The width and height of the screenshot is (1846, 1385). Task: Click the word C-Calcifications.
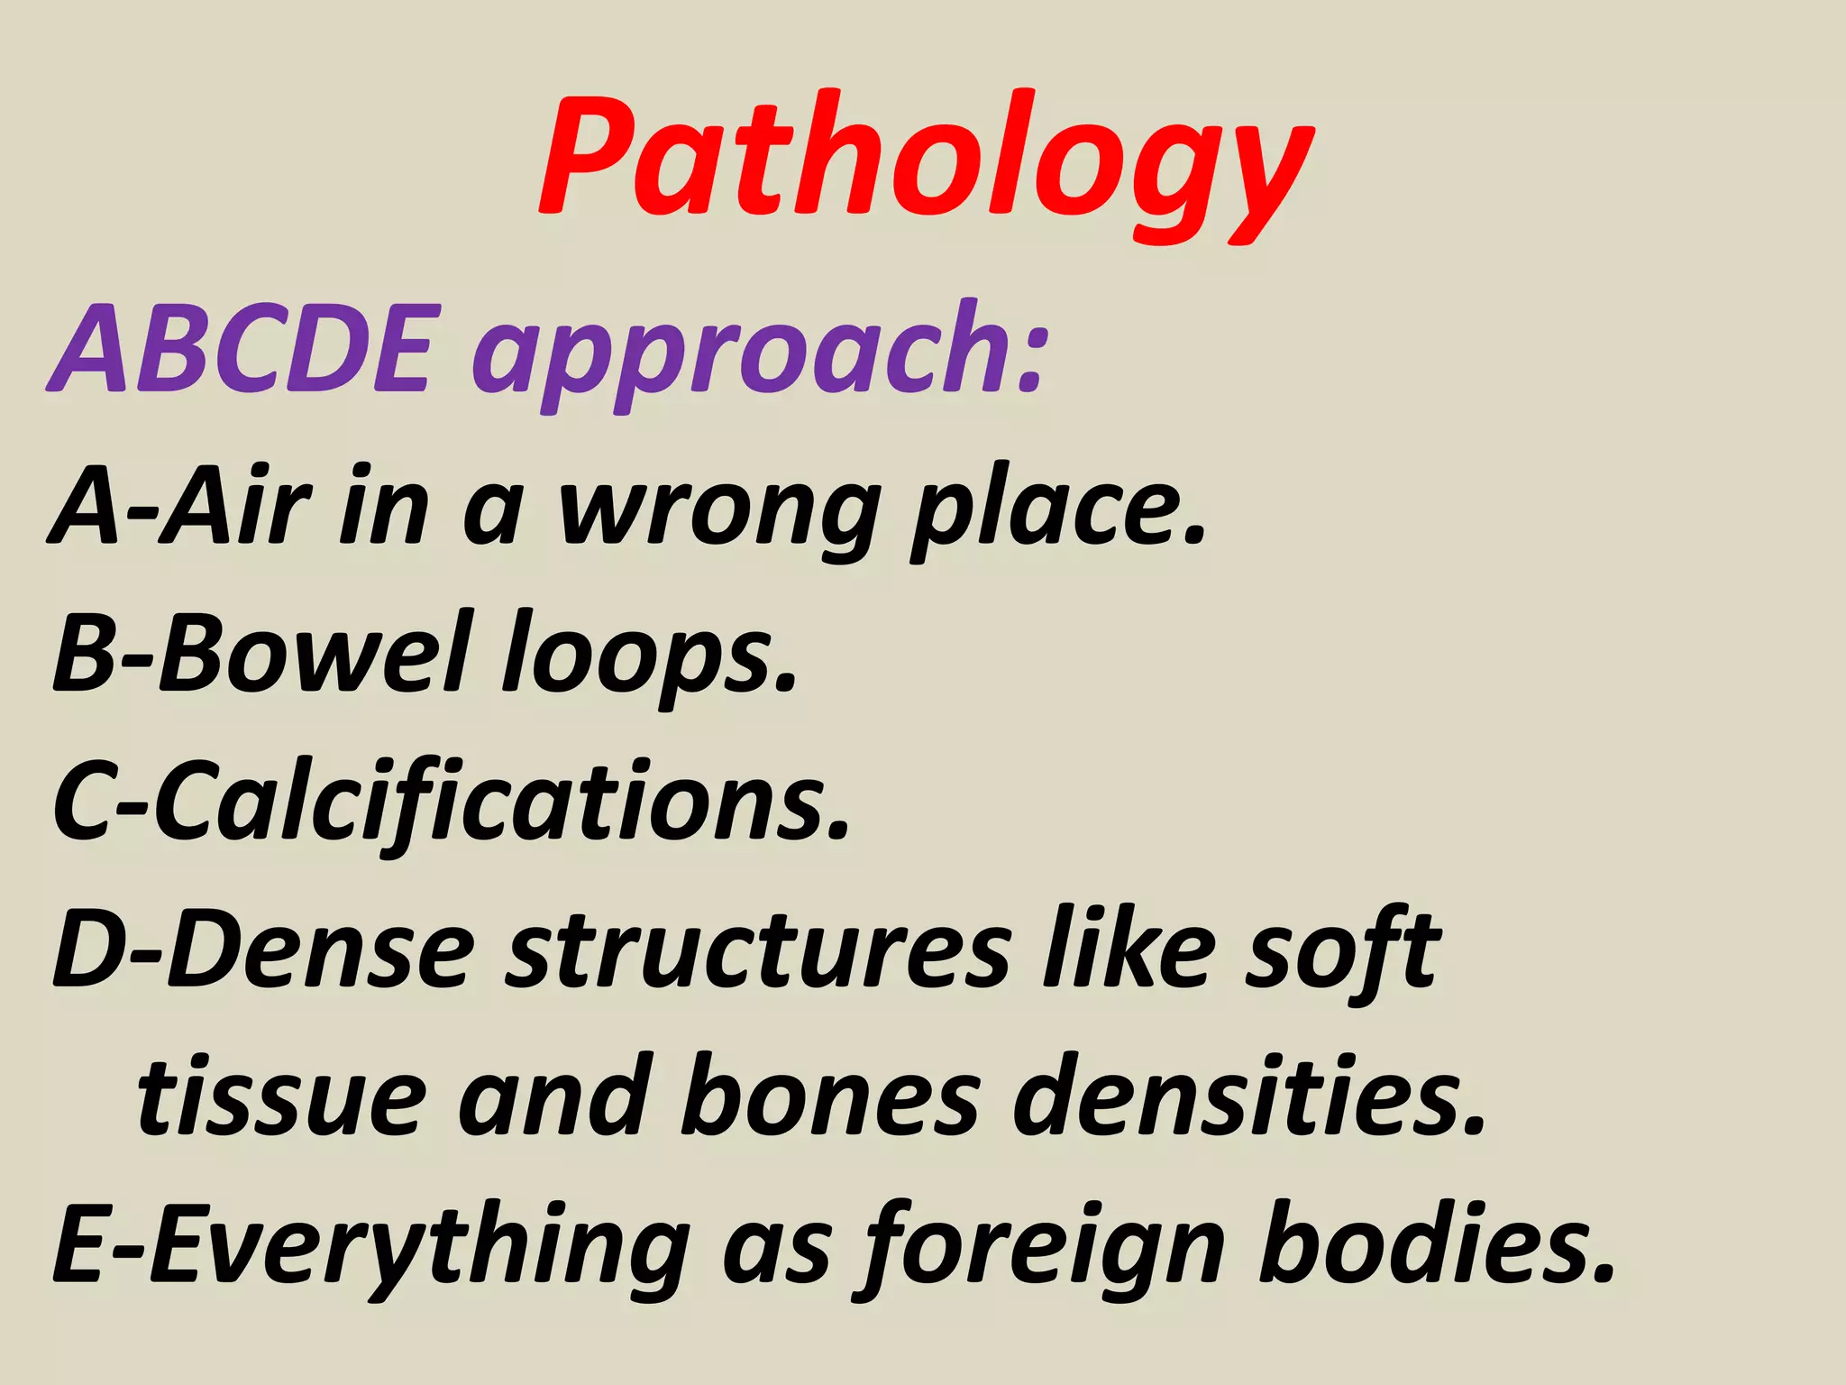451,803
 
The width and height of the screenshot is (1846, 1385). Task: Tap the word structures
757,951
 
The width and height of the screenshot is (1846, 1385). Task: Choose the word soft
1343,951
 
